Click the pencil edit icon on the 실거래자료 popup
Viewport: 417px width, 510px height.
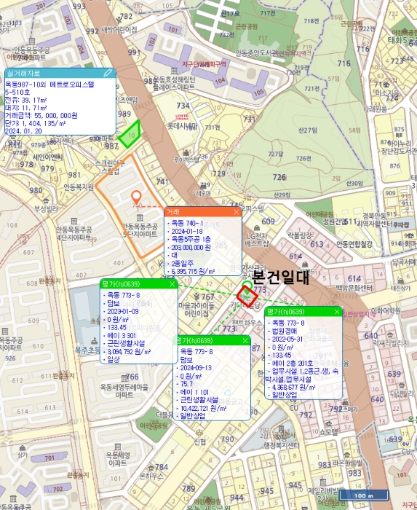coord(108,73)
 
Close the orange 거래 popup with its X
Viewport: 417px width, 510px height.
coord(236,211)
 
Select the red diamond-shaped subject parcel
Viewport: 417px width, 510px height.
coord(247,296)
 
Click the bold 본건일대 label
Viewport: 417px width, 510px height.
coord(280,278)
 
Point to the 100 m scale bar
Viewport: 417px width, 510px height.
coord(359,495)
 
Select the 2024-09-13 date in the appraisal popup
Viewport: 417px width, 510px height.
coord(197,367)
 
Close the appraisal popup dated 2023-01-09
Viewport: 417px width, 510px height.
coord(172,283)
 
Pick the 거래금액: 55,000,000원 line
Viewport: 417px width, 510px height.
coord(41,115)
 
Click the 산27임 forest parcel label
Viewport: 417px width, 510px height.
coord(309,130)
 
